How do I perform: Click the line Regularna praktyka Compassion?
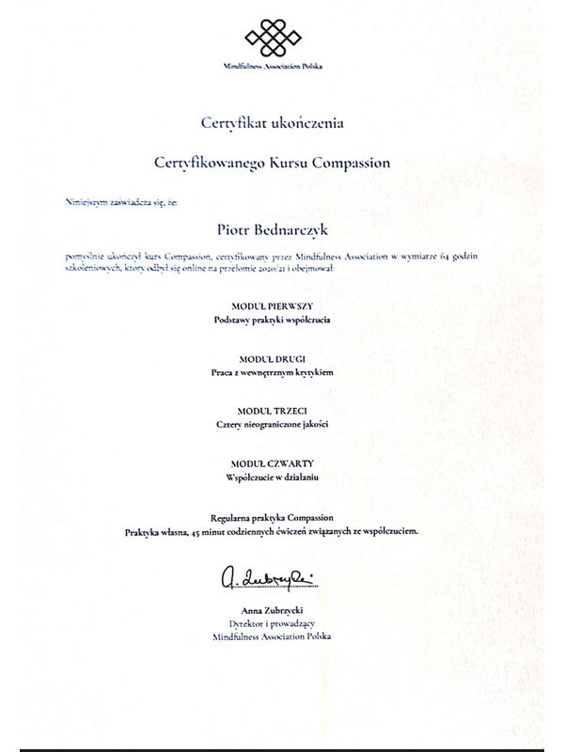[x=272, y=518]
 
